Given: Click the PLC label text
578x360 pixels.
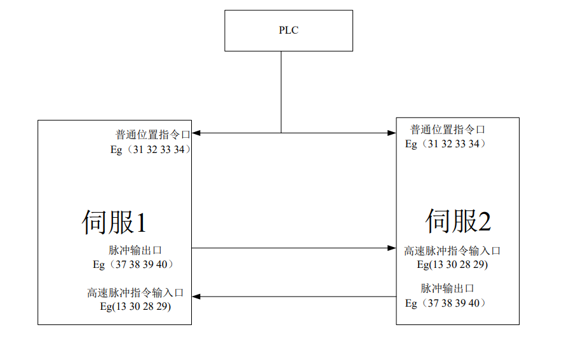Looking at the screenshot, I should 288,30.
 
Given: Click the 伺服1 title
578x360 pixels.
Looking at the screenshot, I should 114,222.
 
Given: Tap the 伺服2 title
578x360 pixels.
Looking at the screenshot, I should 458,221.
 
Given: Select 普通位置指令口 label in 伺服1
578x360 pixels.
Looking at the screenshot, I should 152,135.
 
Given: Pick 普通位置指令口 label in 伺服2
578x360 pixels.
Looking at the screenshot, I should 448,130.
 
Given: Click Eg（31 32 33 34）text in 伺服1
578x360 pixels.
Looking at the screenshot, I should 151,150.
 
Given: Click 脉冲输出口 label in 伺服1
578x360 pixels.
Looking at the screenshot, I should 140,250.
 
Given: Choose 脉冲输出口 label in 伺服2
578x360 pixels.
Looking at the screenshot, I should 447,288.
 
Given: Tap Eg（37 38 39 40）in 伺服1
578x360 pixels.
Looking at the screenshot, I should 133,265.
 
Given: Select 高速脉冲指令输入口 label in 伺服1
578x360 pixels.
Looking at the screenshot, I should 135,293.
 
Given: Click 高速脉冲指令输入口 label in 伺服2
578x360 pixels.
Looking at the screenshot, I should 452,251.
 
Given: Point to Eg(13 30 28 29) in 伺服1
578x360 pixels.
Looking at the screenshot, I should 135,306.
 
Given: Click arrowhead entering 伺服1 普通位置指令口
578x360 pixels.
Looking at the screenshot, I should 196,133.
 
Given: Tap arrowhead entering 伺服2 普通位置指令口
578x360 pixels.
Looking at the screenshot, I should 392,133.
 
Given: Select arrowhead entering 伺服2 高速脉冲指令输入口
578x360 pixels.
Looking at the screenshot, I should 392,248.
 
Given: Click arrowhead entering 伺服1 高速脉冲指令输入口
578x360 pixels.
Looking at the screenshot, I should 196,297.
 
